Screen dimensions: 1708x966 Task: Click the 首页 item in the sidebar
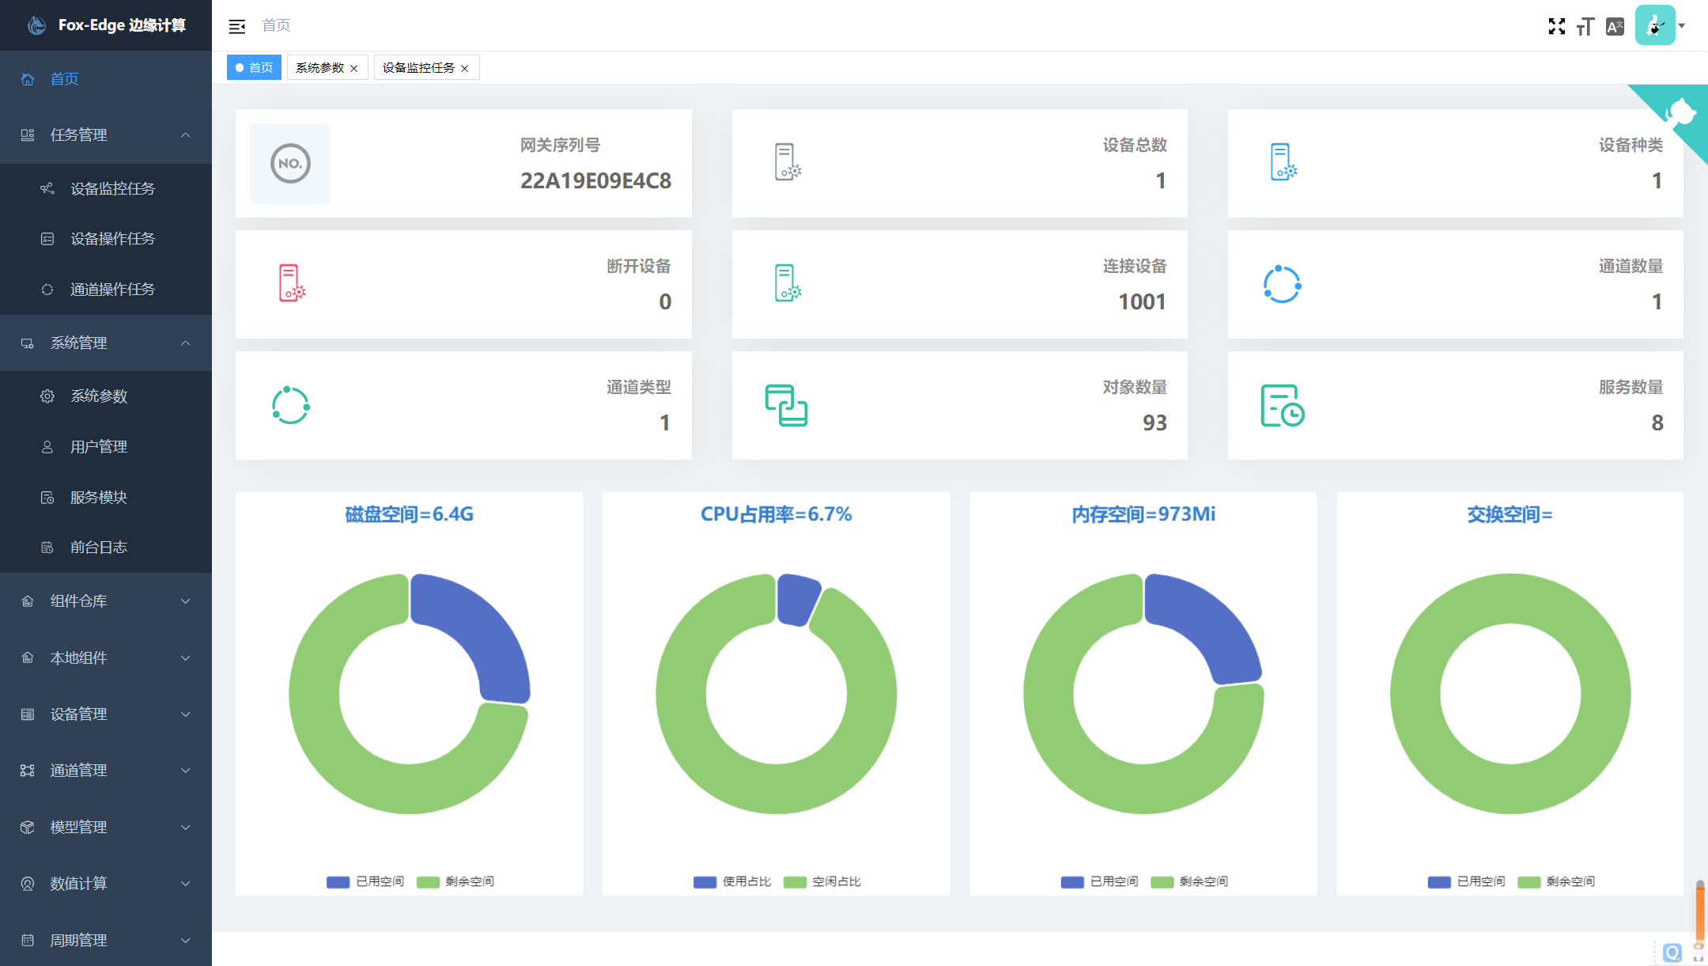point(64,79)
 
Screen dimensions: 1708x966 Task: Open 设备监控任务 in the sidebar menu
point(112,188)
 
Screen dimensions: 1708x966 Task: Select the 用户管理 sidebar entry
point(98,446)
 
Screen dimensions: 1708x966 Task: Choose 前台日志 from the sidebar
point(98,547)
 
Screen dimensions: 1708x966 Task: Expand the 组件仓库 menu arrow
point(186,601)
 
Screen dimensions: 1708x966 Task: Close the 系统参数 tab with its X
point(354,68)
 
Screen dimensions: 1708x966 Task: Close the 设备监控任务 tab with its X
point(465,68)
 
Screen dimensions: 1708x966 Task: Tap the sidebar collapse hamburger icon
point(236,26)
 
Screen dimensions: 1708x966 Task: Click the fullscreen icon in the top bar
point(1556,26)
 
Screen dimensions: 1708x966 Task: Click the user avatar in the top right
point(1655,25)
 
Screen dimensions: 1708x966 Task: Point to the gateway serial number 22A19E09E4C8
point(595,180)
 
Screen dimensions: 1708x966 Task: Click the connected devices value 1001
point(1142,301)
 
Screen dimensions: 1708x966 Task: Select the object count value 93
point(1154,422)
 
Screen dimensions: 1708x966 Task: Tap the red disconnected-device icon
point(291,282)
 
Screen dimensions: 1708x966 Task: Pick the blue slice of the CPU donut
point(797,598)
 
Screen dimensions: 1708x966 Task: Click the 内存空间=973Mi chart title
point(1143,514)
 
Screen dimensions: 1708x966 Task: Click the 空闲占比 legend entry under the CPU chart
point(822,881)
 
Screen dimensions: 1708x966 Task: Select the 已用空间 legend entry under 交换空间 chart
point(1467,881)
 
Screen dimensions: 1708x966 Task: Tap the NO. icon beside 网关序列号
point(290,164)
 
